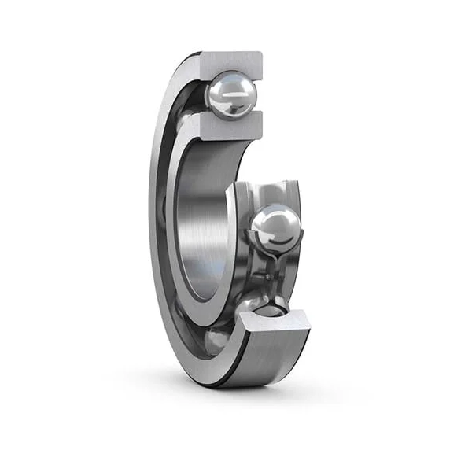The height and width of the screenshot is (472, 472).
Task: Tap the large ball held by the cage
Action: pyautogui.click(x=275, y=229)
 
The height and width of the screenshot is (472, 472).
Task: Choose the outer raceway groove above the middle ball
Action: pyautogui.click(x=271, y=193)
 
